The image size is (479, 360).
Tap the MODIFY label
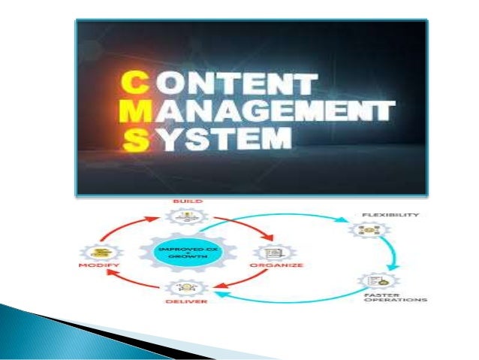pos(98,265)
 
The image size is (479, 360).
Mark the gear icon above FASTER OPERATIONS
pos(375,280)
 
